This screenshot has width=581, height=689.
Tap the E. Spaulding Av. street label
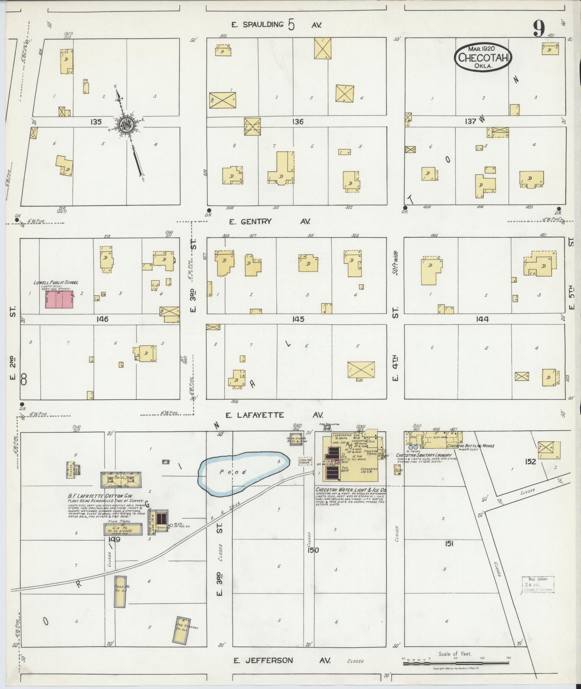[276, 25]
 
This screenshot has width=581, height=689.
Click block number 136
[298, 122]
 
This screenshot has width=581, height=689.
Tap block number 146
[102, 319]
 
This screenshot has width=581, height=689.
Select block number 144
[482, 319]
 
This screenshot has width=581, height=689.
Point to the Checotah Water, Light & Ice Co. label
[351, 490]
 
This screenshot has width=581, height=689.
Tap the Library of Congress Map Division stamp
[538, 584]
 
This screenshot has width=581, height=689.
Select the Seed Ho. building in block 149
[120, 591]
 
